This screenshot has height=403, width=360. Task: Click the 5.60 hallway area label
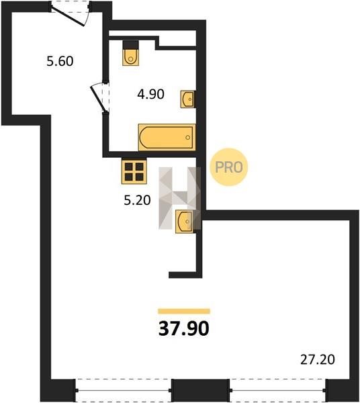tap(60, 61)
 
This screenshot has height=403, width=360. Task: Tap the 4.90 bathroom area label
tap(151, 94)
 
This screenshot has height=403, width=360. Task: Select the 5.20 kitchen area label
tap(137, 200)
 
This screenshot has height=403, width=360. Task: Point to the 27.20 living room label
tap(318, 359)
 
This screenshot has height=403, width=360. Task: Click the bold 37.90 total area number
tap(184, 328)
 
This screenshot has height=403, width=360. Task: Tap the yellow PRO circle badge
tap(228, 167)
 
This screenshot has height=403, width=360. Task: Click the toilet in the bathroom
tap(131, 53)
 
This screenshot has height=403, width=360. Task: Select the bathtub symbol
tap(167, 137)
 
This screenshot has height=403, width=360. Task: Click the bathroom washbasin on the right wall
tap(188, 99)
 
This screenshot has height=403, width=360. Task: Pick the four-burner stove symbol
tap(134, 171)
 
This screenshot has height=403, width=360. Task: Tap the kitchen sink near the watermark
tap(185, 221)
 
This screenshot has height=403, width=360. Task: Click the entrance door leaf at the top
tap(67, 16)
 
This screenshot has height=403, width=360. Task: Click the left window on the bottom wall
tap(124, 390)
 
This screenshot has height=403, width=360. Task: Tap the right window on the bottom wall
tap(278, 390)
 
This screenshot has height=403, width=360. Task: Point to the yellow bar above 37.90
tap(184, 311)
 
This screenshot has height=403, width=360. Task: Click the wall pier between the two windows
tap(200, 390)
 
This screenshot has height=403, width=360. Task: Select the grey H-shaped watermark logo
tap(179, 198)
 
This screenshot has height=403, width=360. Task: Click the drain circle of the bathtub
tap(188, 138)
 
